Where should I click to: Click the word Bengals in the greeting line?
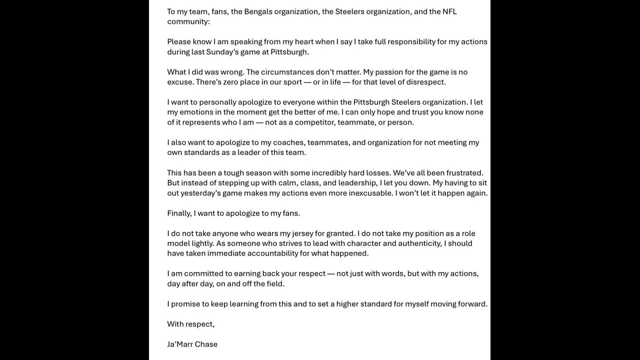[258, 11]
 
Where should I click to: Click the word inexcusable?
[367, 193]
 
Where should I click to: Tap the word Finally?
[179, 213]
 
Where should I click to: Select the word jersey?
[300, 233]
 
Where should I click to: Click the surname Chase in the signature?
[206, 344]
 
